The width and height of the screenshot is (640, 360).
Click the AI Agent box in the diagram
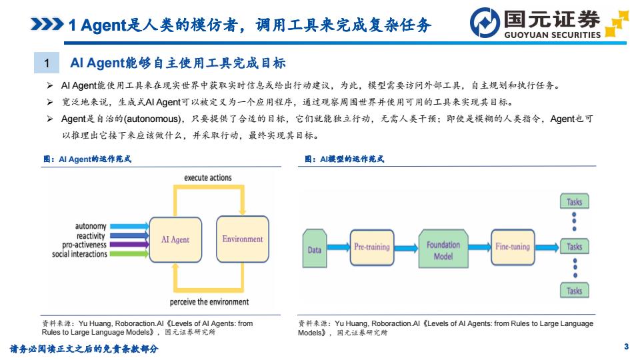click(x=175, y=239)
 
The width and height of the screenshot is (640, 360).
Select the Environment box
click(x=243, y=239)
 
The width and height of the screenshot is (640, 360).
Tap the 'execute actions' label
click(x=208, y=177)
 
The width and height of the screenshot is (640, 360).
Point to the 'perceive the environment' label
click(x=209, y=301)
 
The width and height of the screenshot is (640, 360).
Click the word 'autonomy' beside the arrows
click(x=91, y=226)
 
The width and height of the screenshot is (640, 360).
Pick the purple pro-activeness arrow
click(x=129, y=245)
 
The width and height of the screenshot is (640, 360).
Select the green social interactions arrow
click(x=129, y=254)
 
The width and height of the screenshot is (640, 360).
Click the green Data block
click(x=315, y=249)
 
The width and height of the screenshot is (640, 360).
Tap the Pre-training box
click(x=372, y=247)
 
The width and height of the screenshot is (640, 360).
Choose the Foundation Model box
click(x=443, y=249)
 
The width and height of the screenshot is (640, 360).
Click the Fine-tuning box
click(x=513, y=247)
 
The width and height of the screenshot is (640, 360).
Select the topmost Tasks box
click(x=574, y=201)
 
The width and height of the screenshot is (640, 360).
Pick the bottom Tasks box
click(x=574, y=291)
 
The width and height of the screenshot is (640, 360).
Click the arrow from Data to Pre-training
click(x=339, y=247)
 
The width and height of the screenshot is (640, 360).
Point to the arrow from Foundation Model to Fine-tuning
click(x=479, y=247)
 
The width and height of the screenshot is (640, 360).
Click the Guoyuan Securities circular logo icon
click(x=485, y=23)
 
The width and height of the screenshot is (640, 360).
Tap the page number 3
click(x=626, y=347)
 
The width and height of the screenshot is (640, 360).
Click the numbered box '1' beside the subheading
click(x=47, y=63)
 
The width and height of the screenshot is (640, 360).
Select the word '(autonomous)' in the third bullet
click(x=152, y=119)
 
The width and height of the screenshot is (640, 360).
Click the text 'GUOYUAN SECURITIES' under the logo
click(x=552, y=35)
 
